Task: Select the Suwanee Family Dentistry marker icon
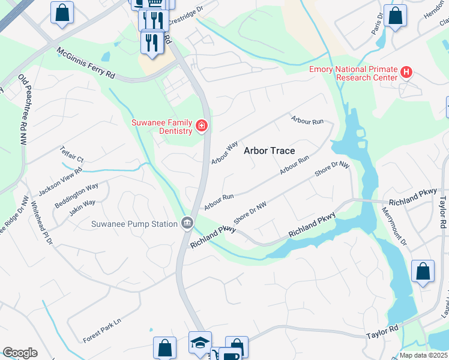pos(202,126)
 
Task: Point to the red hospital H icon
pos(406,73)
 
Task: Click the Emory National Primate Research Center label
pos(353,73)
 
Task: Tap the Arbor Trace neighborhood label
pos(270,151)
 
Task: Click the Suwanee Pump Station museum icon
pos(187,224)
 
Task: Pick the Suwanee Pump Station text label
pos(134,224)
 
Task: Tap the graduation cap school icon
pos(200,341)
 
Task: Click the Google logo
pos(20,352)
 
